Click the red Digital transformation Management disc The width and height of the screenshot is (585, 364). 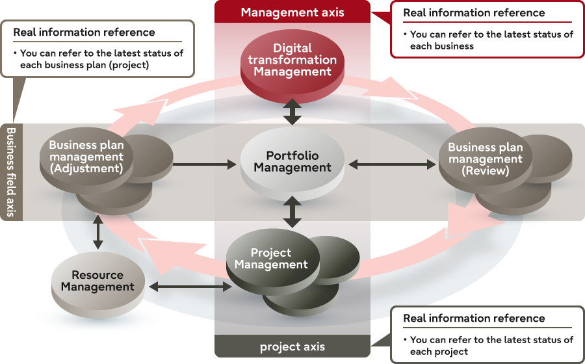point(292,60)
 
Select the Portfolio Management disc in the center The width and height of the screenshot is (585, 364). point(292,162)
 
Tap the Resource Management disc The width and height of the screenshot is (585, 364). point(97,280)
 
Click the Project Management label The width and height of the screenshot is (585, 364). point(271,259)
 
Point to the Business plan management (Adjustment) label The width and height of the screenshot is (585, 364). point(86,157)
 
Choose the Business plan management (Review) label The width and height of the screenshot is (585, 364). point(485,159)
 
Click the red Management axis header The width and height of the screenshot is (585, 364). point(292,12)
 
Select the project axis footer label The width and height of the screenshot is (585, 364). point(292,346)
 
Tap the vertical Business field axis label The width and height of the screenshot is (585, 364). point(11,172)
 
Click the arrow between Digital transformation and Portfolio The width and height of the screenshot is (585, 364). point(292,112)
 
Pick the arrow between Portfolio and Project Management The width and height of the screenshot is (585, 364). point(292,213)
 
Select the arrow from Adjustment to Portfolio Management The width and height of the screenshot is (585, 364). point(205,165)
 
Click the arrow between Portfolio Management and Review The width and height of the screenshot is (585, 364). point(393,165)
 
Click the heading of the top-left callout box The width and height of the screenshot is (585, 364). point(84,32)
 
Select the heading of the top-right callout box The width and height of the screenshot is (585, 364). point(474,13)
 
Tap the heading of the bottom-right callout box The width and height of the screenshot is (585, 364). point(474,318)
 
